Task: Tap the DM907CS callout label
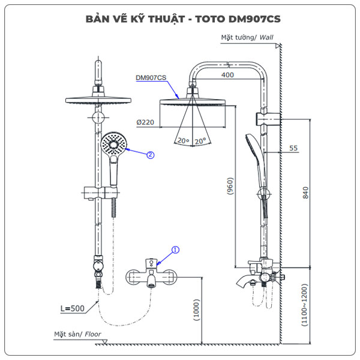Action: tap(151, 77)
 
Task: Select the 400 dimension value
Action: tap(227, 75)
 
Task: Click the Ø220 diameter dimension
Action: tap(145, 122)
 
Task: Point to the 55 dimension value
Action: tap(293, 148)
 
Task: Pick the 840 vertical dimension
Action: tap(305, 193)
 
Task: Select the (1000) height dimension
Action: tap(197, 311)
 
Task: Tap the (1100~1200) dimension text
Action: tap(305, 306)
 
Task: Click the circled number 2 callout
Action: tap(151, 154)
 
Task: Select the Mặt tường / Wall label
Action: tap(247, 37)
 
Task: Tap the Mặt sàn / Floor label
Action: tap(77, 334)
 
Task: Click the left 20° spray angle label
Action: tap(182, 140)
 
